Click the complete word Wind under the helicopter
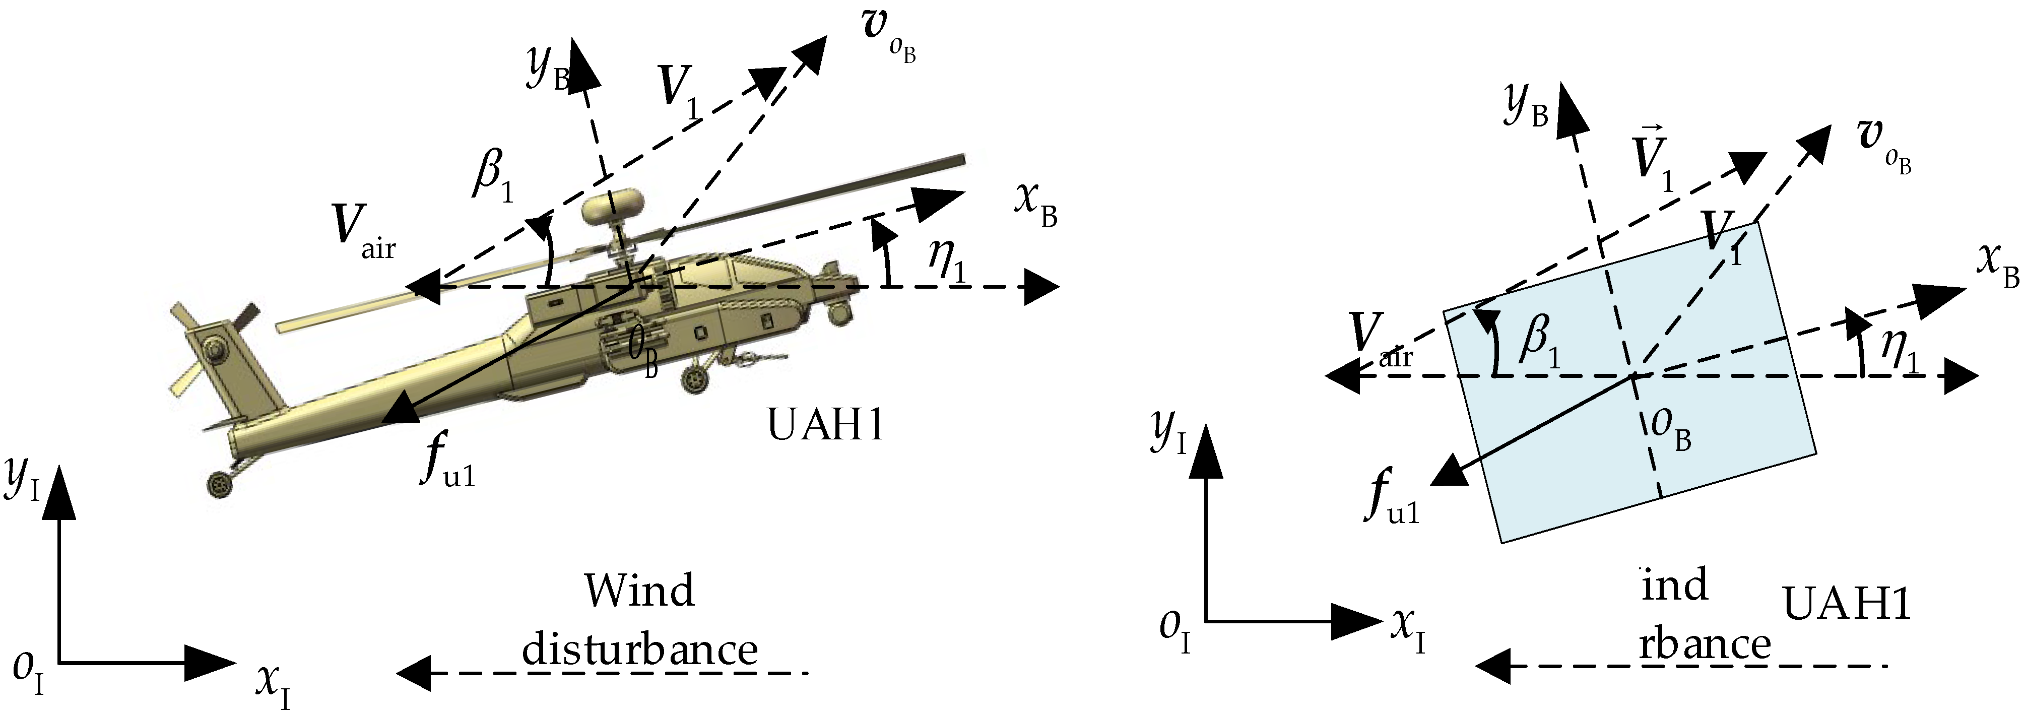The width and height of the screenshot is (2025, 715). coord(639,591)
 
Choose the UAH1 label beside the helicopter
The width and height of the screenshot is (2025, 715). coord(825,426)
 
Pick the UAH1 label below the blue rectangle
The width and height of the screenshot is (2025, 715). coord(1846,604)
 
